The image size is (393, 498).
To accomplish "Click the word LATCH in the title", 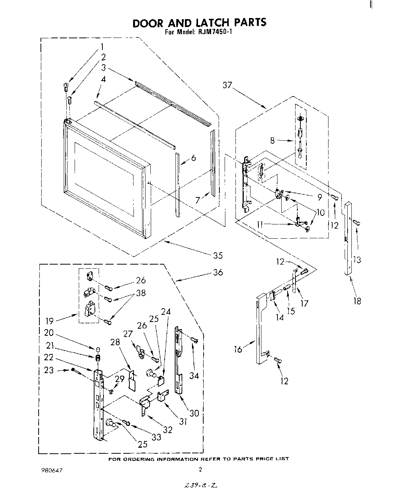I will (205, 23).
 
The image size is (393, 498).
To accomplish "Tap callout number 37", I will (227, 85).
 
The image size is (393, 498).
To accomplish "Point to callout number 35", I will (218, 256).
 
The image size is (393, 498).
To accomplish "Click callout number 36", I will (218, 272).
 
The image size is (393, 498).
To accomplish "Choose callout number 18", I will (357, 301).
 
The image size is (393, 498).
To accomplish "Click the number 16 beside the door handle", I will (238, 349).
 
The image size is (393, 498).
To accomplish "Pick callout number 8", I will (273, 141).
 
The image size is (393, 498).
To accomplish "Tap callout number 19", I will (49, 320).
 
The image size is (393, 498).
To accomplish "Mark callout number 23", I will (49, 370).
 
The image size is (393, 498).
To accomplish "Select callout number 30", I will (194, 413).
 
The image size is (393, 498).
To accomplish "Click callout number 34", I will (194, 375).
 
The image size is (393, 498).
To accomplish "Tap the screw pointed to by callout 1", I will (66, 87).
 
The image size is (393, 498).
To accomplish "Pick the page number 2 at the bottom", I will (201, 469).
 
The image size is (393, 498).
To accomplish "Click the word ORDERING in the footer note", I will (139, 459).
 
